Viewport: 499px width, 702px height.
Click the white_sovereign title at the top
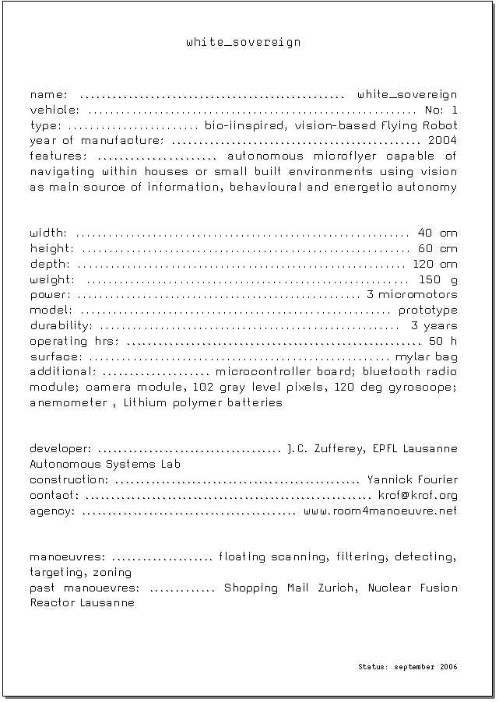243,42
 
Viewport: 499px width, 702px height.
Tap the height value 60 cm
438,249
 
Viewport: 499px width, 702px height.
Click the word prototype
427,311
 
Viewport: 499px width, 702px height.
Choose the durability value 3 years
434,326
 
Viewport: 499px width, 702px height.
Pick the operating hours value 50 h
442,341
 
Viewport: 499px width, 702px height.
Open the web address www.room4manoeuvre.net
380,511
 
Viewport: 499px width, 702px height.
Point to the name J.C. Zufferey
326,449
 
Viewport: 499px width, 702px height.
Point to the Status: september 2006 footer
407,667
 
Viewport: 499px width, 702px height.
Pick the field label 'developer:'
61,449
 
